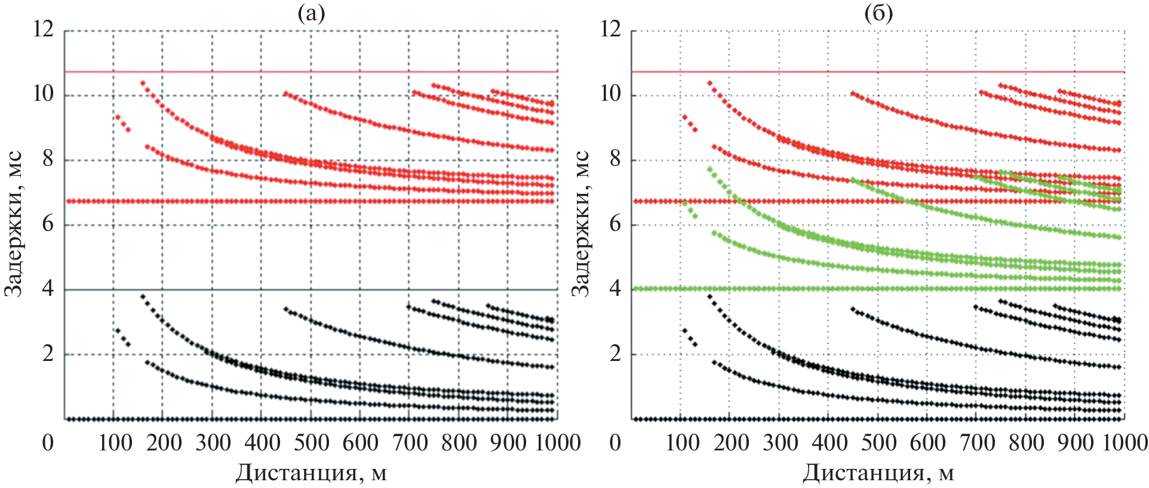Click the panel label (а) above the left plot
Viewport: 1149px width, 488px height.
311,13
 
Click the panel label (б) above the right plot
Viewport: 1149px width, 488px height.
878,13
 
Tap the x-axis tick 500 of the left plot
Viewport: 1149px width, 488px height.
312,443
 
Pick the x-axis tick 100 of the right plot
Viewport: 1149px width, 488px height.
682,443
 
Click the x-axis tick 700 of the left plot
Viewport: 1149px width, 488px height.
411,443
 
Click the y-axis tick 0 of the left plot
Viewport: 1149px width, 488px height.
48,443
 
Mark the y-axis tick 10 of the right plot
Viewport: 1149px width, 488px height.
610,94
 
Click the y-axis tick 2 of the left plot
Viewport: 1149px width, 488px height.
48,354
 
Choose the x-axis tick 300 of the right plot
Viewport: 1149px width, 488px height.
781,443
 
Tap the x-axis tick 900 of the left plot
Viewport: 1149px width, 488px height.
510,443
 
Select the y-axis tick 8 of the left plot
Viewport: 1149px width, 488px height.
48,159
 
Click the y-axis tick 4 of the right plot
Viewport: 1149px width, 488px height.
615,289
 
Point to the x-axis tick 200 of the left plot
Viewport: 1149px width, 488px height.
164,443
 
